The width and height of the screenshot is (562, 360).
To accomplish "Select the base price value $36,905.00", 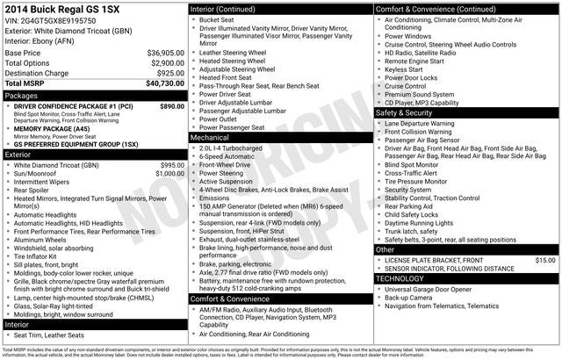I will point(165,53).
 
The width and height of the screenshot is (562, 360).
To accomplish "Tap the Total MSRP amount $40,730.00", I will point(165,83).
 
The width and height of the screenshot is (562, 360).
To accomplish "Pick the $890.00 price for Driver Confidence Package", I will point(172,105).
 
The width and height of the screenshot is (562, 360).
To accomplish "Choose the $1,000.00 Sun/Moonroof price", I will point(166,174).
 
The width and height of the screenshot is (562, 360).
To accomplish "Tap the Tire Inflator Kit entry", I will point(41,256).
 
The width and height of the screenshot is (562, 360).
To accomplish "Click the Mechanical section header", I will point(210,138).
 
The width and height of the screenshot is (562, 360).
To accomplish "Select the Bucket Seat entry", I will point(216,18).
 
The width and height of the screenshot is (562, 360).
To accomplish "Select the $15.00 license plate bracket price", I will point(544,260).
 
